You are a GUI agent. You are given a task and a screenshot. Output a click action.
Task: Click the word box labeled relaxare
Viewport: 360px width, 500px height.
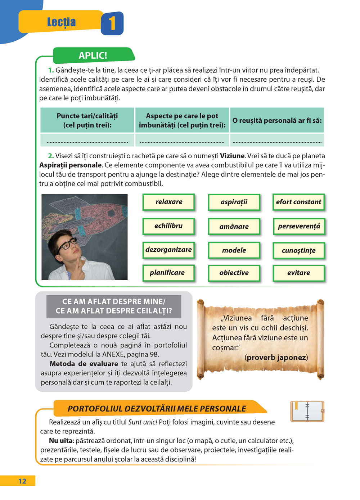pyautogui.click(x=168, y=202)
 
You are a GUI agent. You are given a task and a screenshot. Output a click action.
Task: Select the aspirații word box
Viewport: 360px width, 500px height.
pyautogui.click(x=234, y=202)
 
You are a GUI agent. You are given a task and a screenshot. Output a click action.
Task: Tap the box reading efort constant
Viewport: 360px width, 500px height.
pyautogui.click(x=298, y=202)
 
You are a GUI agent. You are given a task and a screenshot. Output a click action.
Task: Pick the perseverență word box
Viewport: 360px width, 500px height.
pyautogui.click(x=299, y=227)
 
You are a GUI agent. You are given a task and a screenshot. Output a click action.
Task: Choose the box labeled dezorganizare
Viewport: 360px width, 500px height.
pyautogui.click(x=168, y=250)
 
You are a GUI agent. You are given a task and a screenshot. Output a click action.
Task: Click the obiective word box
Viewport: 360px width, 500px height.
pyautogui.click(x=234, y=273)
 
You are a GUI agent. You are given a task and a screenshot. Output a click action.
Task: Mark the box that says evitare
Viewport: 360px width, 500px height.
pyautogui.click(x=298, y=273)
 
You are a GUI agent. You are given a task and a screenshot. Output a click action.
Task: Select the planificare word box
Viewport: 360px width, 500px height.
pyautogui.click(x=167, y=273)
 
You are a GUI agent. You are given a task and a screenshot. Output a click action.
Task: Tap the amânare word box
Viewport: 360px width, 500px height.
pyautogui.click(x=234, y=227)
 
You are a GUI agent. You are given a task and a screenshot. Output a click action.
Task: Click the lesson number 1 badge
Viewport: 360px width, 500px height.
pyautogui.click(x=112, y=23)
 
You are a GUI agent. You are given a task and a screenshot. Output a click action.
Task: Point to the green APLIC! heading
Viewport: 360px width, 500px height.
pyautogui.click(x=93, y=56)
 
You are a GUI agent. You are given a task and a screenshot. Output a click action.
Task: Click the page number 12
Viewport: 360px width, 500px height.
pyautogui.click(x=22, y=481)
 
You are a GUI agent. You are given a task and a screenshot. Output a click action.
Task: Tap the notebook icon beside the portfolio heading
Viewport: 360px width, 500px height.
pyautogui.click(x=307, y=411)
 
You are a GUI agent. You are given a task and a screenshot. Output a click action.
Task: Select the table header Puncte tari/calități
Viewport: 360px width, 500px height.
pyautogui.click(x=87, y=121)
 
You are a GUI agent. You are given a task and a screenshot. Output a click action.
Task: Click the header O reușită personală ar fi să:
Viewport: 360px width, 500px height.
pyautogui.click(x=277, y=121)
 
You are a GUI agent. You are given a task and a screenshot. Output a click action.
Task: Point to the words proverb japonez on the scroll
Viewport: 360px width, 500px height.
pyautogui.click(x=276, y=358)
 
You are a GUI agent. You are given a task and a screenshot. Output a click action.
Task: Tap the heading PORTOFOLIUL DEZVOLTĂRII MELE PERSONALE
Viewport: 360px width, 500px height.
pyautogui.click(x=157, y=409)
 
